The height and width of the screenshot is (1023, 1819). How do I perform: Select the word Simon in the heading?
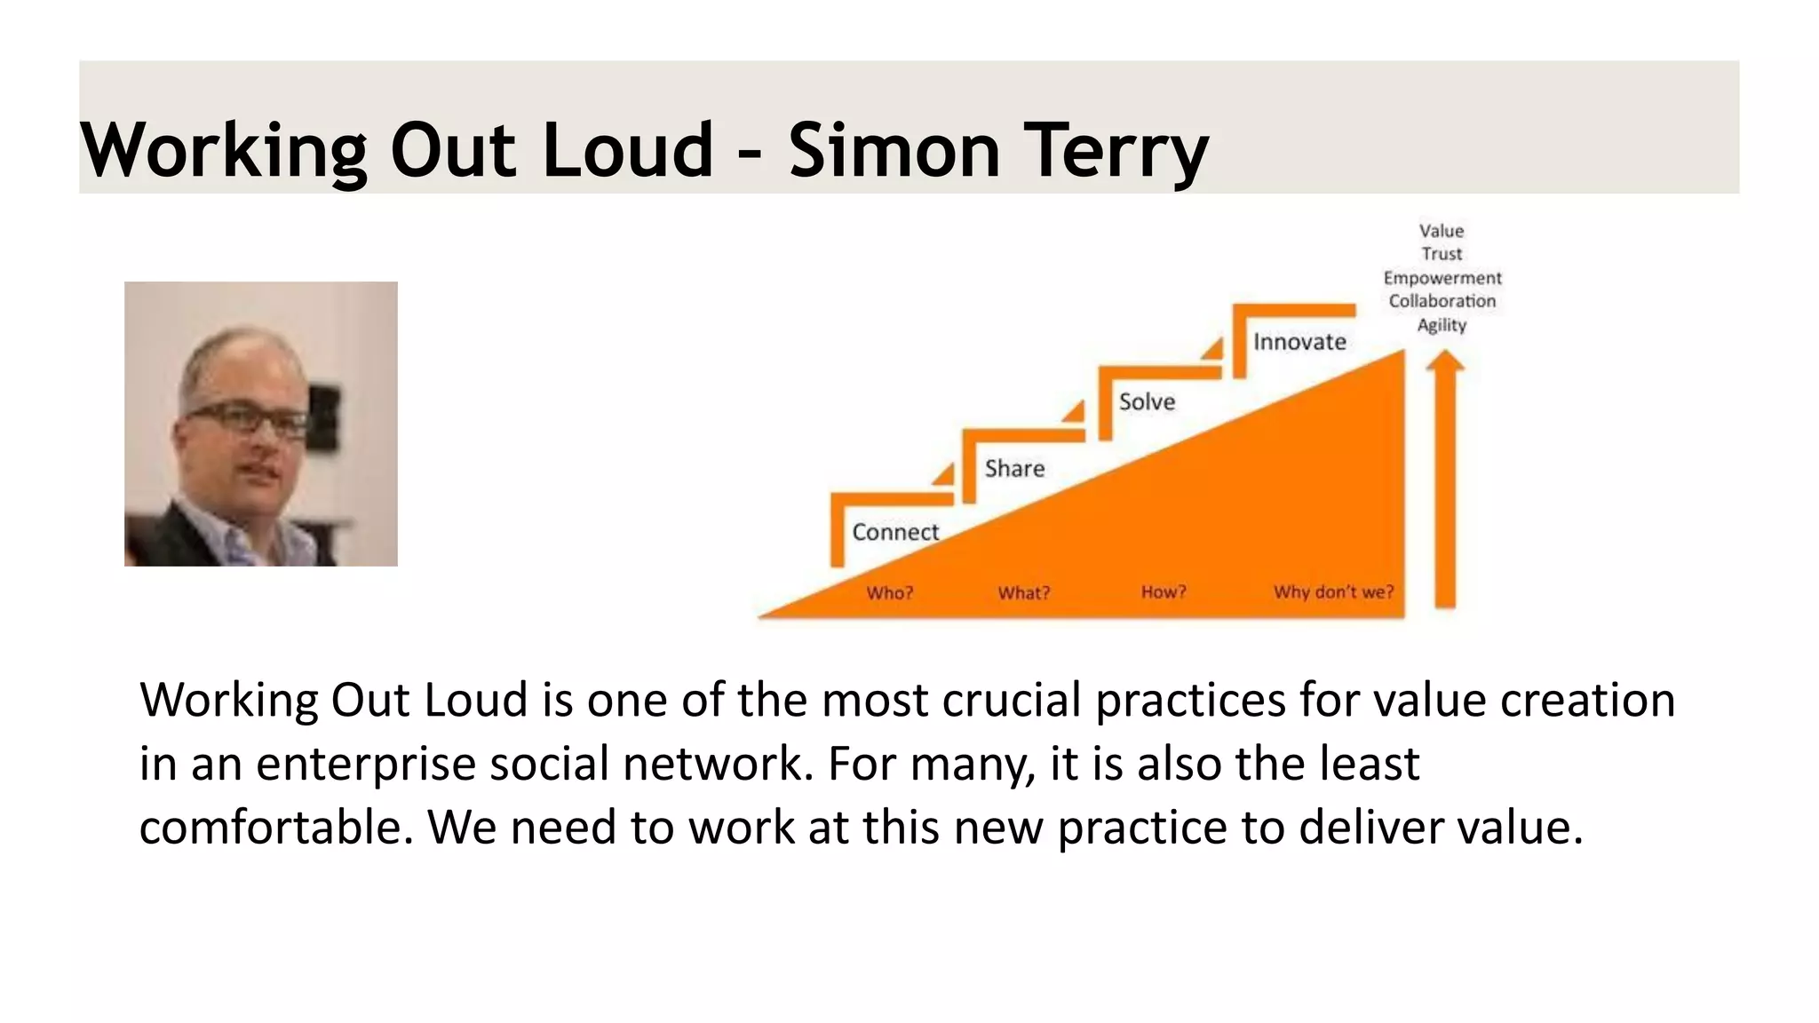[x=894, y=149]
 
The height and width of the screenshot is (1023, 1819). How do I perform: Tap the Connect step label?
[x=894, y=532]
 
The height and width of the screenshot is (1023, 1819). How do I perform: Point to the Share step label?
[x=1014, y=469]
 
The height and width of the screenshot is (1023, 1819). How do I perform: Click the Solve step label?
[x=1147, y=402]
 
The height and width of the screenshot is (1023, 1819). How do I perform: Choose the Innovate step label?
[x=1299, y=342]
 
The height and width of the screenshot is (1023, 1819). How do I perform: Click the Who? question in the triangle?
[x=889, y=592]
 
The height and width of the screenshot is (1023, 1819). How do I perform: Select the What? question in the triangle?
[x=1023, y=592]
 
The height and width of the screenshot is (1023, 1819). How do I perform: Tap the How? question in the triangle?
[x=1164, y=592]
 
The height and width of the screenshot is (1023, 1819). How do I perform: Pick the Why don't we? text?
[x=1333, y=591]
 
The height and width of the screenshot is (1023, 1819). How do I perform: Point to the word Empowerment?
[x=1442, y=278]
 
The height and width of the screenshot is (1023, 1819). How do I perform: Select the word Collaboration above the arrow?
[x=1442, y=301]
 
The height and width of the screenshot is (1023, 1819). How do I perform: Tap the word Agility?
[x=1442, y=325]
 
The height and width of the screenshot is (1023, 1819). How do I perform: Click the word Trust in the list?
[x=1442, y=254]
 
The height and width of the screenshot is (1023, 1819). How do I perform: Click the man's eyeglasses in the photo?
[x=244, y=417]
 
